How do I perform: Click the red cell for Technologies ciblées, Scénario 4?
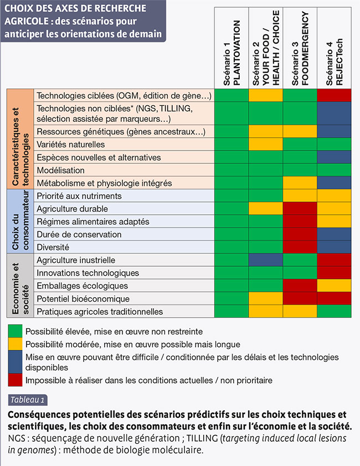[x=334, y=95]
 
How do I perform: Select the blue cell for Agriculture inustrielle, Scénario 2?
[x=266, y=260]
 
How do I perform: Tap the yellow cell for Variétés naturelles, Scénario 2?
[x=266, y=144]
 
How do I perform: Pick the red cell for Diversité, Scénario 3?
[x=300, y=247]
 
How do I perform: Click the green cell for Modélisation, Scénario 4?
[x=334, y=170]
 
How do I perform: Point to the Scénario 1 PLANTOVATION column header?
[x=232, y=53]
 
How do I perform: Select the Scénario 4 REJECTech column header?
[x=334, y=62]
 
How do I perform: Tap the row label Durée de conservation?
[x=79, y=235]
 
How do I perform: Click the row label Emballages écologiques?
[x=83, y=286]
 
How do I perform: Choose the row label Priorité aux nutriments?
[x=79, y=196]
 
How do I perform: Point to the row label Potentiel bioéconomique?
[x=83, y=299]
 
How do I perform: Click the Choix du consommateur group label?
[x=20, y=221]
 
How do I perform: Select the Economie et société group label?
[x=20, y=288]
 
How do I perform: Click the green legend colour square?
[x=15, y=331]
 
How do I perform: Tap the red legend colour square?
[x=15, y=380]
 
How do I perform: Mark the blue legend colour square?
[x=15, y=362]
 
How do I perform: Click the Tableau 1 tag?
[x=28, y=400]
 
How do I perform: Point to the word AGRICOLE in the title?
[x=27, y=22]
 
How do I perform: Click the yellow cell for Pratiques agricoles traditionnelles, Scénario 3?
[x=300, y=311]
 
